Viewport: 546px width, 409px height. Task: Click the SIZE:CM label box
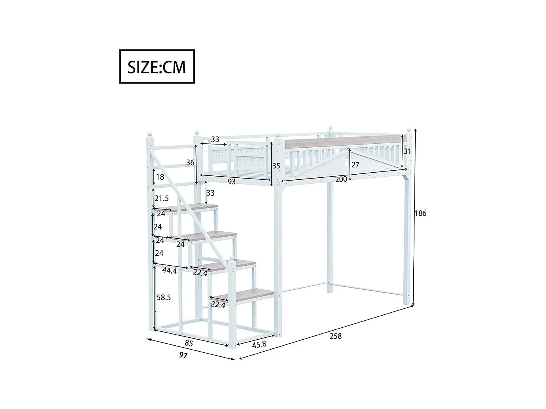157,67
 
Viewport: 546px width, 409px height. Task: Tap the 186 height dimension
420,213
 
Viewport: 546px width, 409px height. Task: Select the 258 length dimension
335,336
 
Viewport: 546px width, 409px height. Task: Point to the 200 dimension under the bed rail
341,179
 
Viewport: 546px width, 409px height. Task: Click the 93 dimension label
232,181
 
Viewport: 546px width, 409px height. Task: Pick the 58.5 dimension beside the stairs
164,297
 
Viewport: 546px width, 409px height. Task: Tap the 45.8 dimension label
259,344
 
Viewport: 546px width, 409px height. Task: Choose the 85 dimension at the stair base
189,343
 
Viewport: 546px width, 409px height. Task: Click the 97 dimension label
183,355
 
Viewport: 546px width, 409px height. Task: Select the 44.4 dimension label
170,271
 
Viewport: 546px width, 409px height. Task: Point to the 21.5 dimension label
162,198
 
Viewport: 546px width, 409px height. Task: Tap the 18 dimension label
160,177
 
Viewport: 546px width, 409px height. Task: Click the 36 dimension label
190,163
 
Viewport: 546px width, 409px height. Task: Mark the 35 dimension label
276,166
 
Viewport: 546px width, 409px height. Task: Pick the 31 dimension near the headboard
407,151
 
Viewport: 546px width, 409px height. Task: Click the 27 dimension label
355,165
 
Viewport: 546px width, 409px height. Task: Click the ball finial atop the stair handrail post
149,134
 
